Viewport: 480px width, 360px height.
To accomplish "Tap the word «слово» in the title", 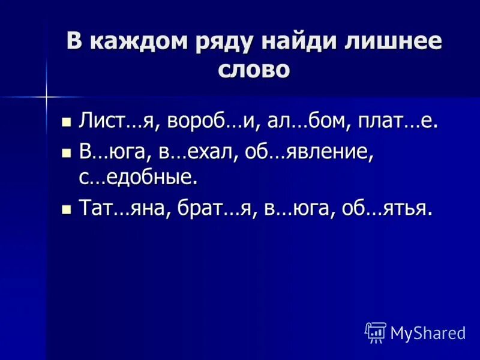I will pyautogui.click(x=254, y=70).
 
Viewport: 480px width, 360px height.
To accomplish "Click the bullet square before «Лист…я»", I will pyautogui.click(x=66, y=122).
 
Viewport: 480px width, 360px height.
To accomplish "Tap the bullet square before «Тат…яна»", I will pyautogui.click(x=66, y=209).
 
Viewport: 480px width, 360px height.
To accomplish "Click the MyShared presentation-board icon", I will pyautogui.click(x=376, y=332).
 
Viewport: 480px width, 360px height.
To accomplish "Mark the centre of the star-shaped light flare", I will pyautogui.click(x=46, y=95).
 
